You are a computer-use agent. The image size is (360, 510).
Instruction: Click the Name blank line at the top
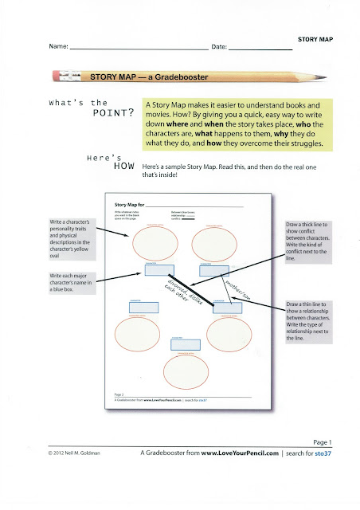pyautogui.click(x=139, y=49)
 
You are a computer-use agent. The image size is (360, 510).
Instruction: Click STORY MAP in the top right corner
pyautogui.click(x=314, y=38)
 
